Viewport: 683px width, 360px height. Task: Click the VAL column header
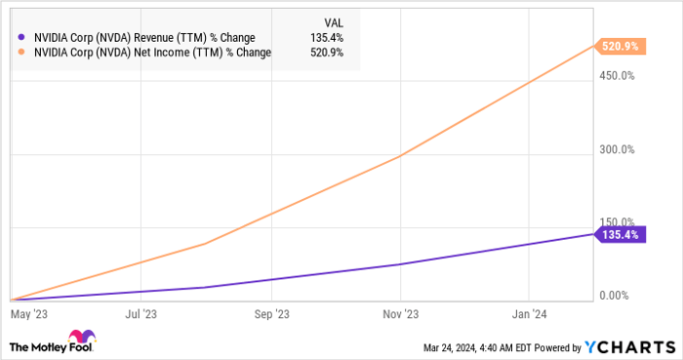(332, 21)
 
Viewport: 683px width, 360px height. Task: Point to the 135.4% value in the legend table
(331, 38)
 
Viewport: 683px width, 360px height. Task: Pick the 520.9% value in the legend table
(331, 52)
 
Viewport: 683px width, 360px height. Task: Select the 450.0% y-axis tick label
(616, 75)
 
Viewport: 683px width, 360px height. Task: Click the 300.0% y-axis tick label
(616, 149)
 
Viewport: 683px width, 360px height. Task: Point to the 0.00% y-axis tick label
(618, 296)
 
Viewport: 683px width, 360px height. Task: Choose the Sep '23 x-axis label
(271, 314)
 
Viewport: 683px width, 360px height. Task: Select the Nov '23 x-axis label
(400, 314)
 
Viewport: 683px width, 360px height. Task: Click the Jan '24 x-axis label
(528, 314)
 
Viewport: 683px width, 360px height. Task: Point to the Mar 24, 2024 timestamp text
(469, 346)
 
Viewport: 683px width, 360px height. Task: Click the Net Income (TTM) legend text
(150, 52)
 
